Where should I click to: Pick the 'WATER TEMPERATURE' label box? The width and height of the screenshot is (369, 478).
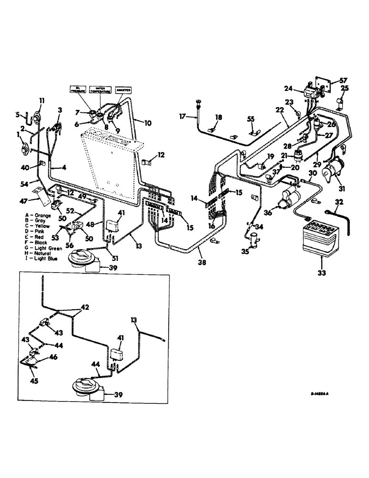[x=101, y=90]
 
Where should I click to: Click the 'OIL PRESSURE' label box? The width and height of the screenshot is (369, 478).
[x=79, y=90]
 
